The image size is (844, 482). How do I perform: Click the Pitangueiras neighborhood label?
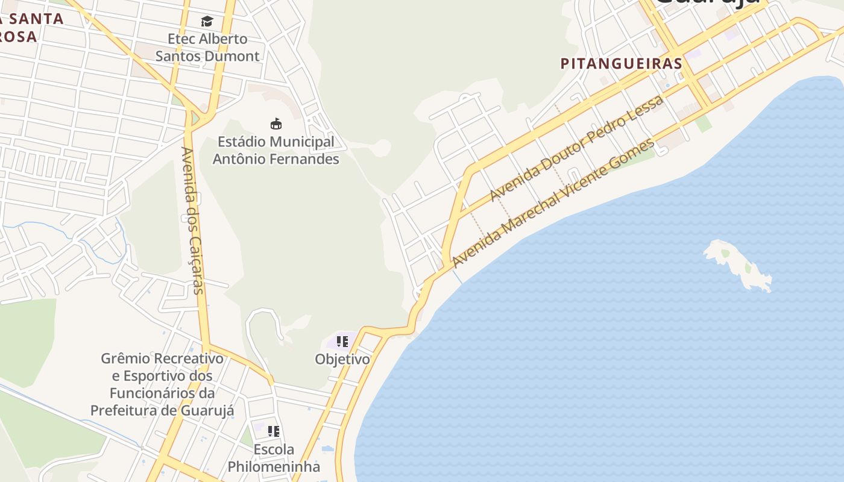coord(621,63)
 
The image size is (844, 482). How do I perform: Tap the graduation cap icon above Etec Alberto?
coord(207,22)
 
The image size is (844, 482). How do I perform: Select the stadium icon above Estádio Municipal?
coord(276,124)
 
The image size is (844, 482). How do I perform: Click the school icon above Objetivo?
coord(342,342)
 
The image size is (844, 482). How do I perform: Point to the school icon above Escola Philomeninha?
coord(274,431)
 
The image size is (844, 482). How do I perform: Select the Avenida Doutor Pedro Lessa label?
coord(577,148)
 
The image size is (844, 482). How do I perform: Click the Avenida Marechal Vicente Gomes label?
coord(553,202)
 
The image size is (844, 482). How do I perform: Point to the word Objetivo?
coord(342,359)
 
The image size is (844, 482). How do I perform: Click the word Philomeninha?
coord(274,466)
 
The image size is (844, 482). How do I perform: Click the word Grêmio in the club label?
coord(125,358)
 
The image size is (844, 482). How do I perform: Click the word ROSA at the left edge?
coord(18,37)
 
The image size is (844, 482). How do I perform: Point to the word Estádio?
coord(242,142)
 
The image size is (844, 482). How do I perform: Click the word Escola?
coord(274,449)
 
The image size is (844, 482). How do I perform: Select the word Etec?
coord(182,39)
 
